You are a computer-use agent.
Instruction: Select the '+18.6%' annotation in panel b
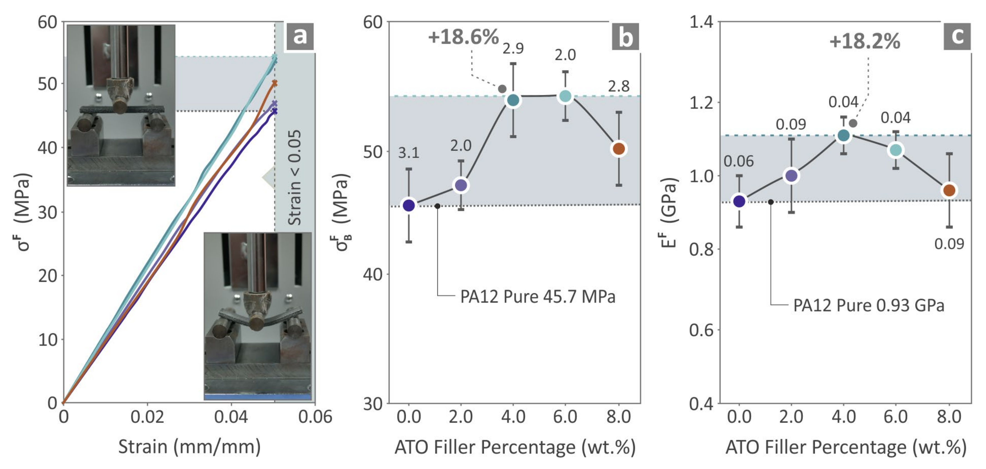tap(463, 37)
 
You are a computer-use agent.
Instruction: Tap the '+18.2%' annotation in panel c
tap(865, 41)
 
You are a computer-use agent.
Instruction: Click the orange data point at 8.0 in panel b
tap(619, 149)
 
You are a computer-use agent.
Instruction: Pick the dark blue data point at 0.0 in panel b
tap(409, 205)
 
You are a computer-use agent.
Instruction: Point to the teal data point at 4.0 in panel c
tap(843, 136)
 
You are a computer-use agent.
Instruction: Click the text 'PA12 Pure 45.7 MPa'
tap(537, 297)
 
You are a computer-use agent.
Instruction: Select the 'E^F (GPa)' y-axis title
tap(669, 213)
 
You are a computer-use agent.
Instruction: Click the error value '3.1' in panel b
tap(409, 153)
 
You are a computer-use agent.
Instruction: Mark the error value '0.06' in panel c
tap(738, 161)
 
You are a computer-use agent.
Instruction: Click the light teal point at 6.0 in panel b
tap(565, 96)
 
